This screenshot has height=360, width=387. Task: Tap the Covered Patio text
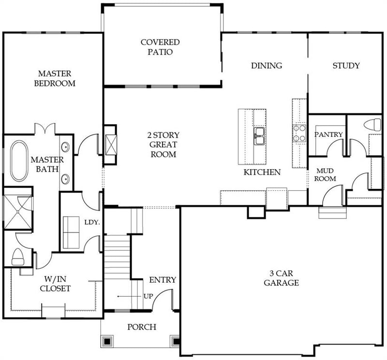tap(160, 47)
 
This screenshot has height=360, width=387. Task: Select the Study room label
tap(346, 66)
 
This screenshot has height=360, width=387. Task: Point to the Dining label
tap(266, 66)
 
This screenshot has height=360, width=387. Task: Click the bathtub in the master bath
tap(19, 161)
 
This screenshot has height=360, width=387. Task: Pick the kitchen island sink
tap(259, 136)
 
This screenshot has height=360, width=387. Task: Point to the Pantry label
tap(328, 134)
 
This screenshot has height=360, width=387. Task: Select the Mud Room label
tap(326, 175)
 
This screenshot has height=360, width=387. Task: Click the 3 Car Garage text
tap(281, 278)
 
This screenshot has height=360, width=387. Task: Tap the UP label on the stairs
tap(148, 296)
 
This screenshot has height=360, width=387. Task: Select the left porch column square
tap(106, 341)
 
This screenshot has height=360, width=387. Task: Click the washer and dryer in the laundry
tap(71, 232)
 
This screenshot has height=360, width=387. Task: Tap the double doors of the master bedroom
tap(45, 130)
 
